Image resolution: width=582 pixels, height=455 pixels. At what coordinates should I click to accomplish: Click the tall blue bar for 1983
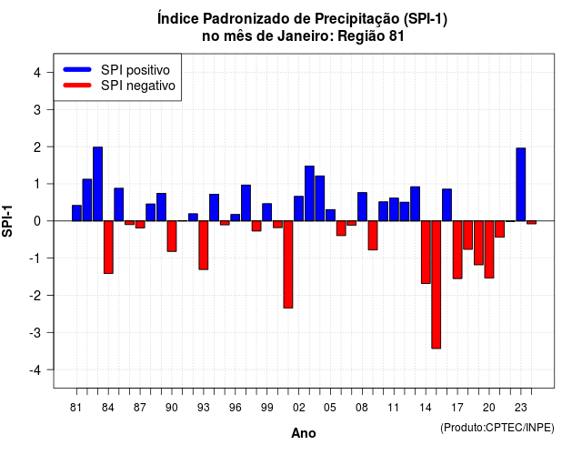(x=97, y=184)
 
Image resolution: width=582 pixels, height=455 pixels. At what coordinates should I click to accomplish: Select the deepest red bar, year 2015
(x=436, y=285)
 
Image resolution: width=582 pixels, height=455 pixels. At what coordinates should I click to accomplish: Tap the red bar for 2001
(x=288, y=265)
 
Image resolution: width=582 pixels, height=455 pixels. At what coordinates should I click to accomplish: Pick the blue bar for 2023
(x=521, y=184)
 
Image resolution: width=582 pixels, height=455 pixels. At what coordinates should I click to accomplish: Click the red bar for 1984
(x=108, y=247)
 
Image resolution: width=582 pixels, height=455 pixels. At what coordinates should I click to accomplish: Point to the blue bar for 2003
(x=309, y=194)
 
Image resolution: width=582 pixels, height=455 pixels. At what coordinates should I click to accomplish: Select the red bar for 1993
(x=204, y=245)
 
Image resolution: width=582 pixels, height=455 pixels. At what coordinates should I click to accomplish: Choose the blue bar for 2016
(x=447, y=205)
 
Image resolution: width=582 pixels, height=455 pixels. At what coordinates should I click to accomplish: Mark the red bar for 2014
(x=426, y=252)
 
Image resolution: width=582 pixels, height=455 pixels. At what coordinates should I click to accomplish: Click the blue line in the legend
(x=77, y=69)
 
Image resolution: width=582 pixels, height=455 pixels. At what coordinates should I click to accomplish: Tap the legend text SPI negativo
(x=138, y=86)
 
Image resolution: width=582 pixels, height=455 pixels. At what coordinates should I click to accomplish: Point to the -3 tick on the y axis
(x=50, y=332)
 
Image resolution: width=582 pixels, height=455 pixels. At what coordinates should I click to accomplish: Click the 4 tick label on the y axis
(x=37, y=73)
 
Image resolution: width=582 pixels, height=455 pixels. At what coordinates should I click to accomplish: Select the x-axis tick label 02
(x=299, y=408)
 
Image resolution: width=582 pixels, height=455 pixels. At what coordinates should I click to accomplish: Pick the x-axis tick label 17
(x=457, y=408)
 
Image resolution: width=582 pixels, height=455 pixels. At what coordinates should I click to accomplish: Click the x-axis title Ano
(x=304, y=433)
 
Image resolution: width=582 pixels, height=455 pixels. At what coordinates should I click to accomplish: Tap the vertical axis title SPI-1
(x=7, y=221)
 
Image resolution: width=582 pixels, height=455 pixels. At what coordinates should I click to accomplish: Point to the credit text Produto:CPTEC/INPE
(x=497, y=428)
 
